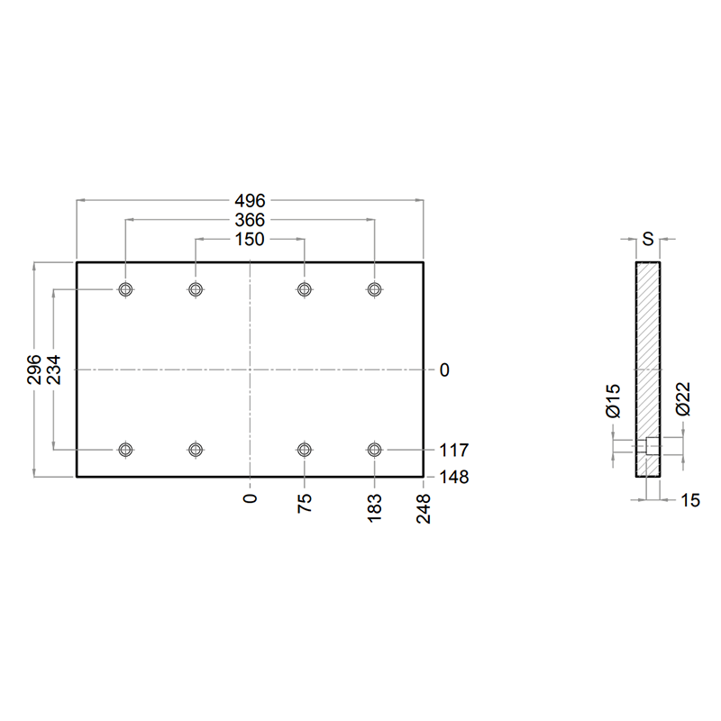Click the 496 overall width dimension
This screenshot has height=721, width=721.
tap(251, 200)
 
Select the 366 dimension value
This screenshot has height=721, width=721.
tap(251, 220)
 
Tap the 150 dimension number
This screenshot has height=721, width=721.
tap(251, 239)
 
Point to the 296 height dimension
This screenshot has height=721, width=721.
tap(34, 370)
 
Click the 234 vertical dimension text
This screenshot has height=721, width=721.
tap(53, 370)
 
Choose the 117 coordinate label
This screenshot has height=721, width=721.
tap(454, 450)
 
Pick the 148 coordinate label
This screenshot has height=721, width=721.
tap(454, 478)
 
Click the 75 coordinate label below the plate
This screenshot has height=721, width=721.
tap(305, 503)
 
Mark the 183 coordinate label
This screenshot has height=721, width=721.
tap(375, 507)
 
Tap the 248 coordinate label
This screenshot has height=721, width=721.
tap(424, 508)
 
